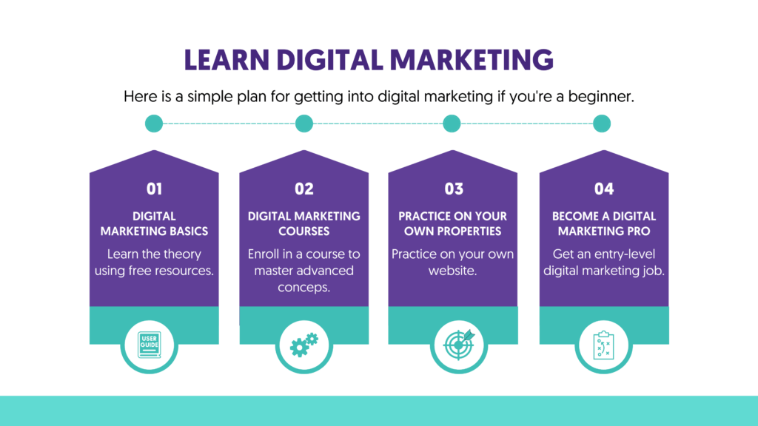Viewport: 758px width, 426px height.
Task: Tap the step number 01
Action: (154, 189)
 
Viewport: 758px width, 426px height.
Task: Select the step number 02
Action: (304, 189)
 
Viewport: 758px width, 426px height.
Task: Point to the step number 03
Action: (454, 189)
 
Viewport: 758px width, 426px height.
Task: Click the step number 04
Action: (604, 189)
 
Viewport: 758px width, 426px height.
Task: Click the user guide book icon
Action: (154, 345)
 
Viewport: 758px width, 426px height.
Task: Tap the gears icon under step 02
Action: (303, 345)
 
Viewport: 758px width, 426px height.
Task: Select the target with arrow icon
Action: (454, 345)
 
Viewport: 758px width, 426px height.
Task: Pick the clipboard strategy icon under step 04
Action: (604, 345)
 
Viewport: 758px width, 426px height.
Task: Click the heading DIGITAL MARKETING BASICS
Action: (154, 223)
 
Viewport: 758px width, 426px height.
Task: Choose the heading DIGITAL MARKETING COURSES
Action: (304, 223)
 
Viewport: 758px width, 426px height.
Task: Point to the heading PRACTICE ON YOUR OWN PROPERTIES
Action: (453, 223)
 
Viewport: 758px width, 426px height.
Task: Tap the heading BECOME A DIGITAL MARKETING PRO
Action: (604, 223)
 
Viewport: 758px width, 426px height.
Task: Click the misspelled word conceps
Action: (303, 287)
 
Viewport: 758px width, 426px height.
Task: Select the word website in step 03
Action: (453, 271)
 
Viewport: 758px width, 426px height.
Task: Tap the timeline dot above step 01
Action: (154, 124)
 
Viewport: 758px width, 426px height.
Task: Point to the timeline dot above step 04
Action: (602, 124)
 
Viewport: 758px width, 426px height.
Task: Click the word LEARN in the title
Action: (221, 60)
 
